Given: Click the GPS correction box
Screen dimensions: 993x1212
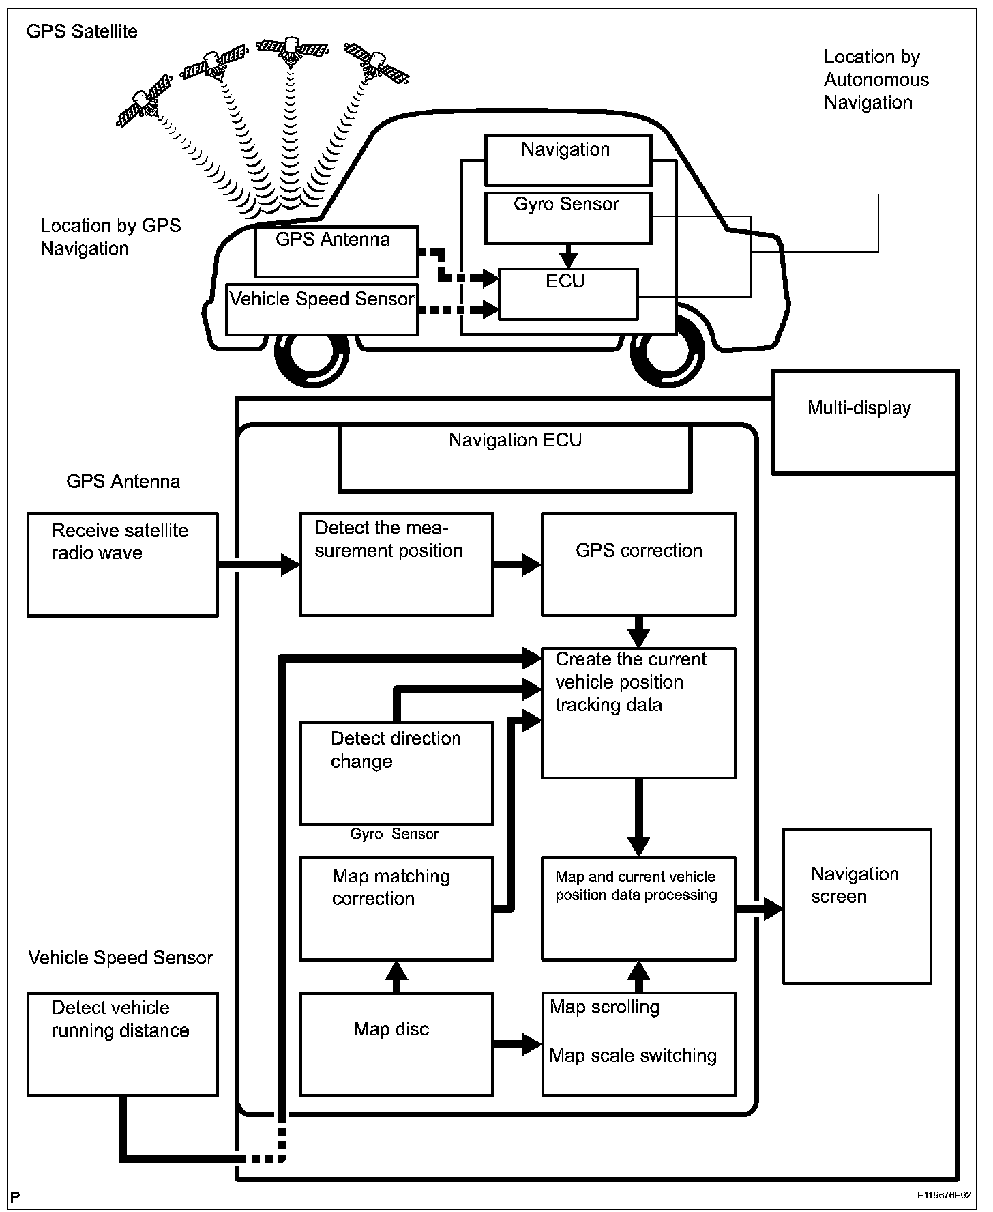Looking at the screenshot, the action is click(638, 564).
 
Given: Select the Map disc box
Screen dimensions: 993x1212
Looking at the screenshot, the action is click(396, 1044).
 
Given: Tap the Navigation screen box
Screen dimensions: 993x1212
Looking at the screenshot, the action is click(857, 906).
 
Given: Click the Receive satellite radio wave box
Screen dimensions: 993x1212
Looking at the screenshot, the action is click(123, 564).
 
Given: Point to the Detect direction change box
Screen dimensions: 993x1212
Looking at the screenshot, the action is click(396, 773).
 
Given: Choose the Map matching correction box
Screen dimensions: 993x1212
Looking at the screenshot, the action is click(396, 909).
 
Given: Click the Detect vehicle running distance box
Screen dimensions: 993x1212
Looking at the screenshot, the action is click(123, 1044).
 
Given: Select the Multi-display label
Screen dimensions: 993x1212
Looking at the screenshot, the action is click(859, 408).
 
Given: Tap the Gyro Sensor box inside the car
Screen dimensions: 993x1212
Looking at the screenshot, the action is click(568, 218).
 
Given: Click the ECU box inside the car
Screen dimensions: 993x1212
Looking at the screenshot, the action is click(568, 294).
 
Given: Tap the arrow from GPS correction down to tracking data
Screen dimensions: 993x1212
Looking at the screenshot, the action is click(638, 632).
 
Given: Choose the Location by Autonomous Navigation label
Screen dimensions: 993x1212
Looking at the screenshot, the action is click(876, 80).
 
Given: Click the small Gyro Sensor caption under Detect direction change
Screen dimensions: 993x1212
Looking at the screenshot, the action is click(394, 834).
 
